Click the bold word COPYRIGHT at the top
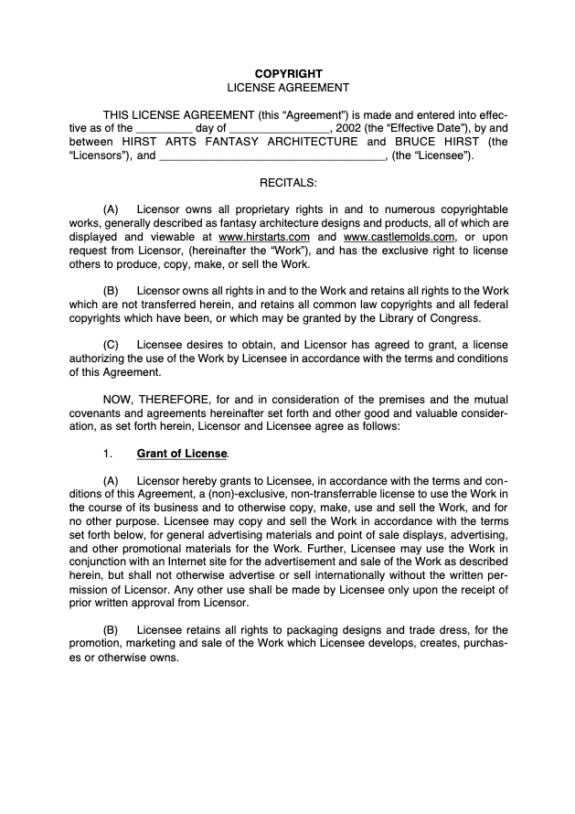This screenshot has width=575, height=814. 288,73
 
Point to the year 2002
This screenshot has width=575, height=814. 349,128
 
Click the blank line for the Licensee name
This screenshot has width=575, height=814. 272,156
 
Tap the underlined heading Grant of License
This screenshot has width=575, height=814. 182,453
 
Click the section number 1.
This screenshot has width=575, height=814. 107,453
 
